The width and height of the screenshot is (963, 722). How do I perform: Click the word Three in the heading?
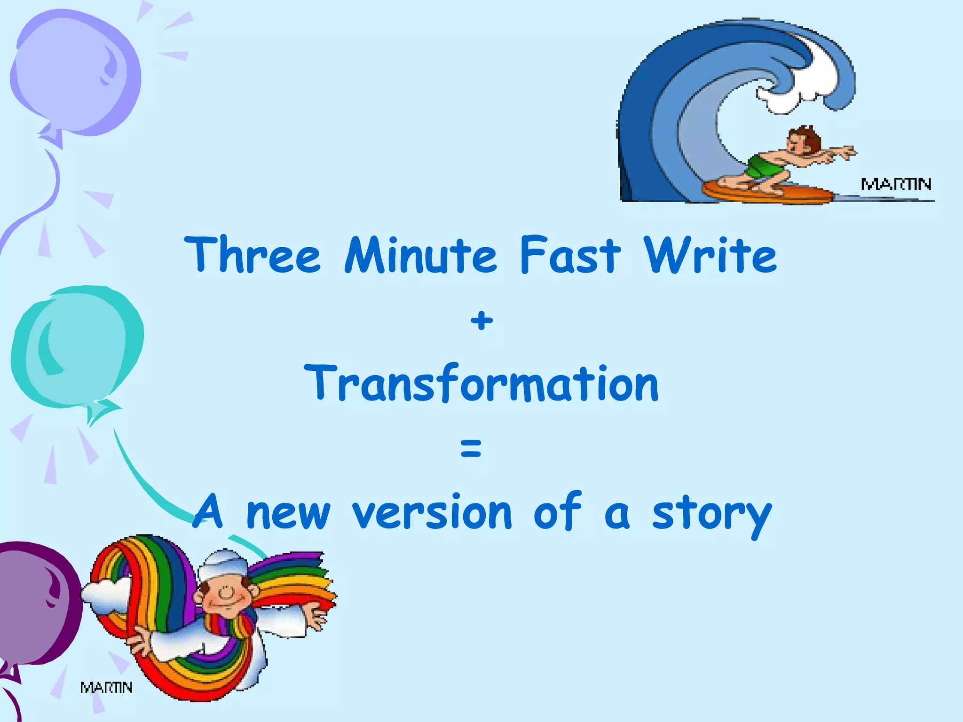click(x=253, y=255)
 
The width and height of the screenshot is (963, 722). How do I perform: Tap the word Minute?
click(x=420, y=255)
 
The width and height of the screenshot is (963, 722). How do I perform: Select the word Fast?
click(x=570, y=255)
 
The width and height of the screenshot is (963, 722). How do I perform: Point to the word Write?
click(x=710, y=255)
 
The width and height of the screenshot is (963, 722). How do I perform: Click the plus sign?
click(x=481, y=321)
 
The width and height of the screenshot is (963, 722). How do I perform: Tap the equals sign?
click(x=471, y=447)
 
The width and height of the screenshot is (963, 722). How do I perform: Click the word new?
click(x=288, y=513)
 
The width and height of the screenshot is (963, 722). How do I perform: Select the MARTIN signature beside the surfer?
click(x=896, y=184)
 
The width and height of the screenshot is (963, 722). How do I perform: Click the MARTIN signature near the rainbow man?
click(x=106, y=688)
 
